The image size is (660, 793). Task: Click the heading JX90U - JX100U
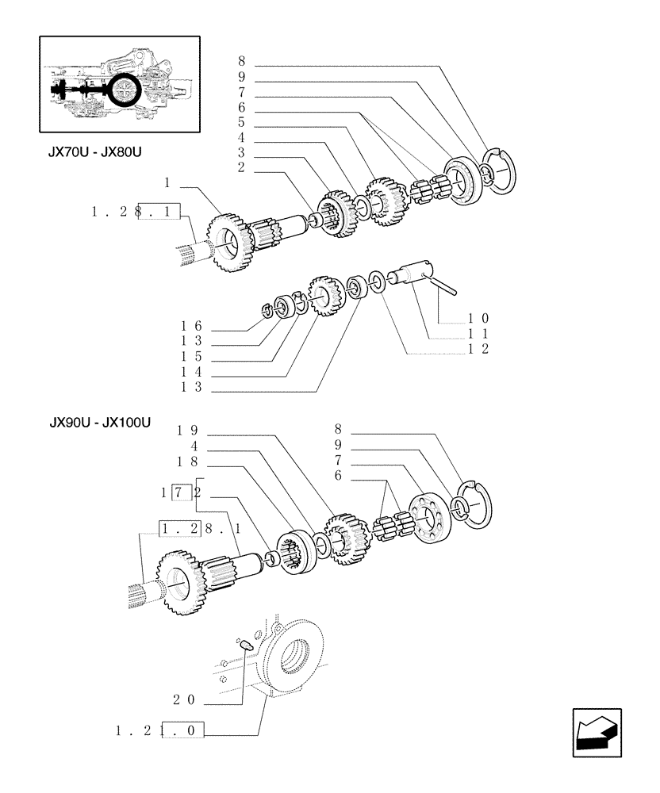99,423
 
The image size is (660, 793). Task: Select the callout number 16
191,326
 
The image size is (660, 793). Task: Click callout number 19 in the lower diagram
187,431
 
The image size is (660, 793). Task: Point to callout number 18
187,461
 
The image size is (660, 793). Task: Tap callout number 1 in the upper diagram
167,183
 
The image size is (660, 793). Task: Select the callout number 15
191,356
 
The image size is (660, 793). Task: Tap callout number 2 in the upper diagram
240,167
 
